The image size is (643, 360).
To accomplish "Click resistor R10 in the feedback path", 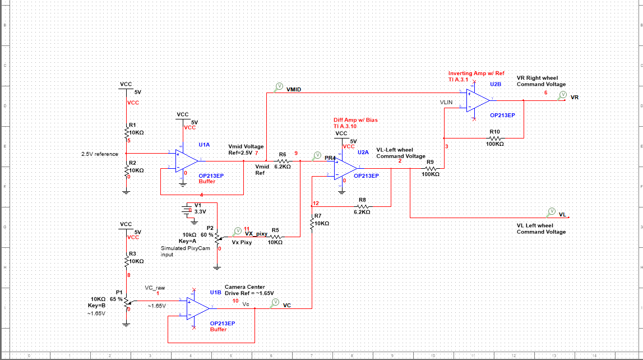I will point(495,137).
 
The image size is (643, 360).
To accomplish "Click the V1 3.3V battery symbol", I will point(187,211).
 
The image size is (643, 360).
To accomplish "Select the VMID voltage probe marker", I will point(279,87).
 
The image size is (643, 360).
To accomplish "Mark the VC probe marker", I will point(275,303).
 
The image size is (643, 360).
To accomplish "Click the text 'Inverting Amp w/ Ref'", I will point(476,73).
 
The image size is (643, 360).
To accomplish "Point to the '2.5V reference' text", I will point(100,154).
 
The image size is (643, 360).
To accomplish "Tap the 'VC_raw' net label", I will point(155,287).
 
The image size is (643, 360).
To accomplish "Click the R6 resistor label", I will point(283,154).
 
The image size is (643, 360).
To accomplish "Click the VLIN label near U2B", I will point(446,103).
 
